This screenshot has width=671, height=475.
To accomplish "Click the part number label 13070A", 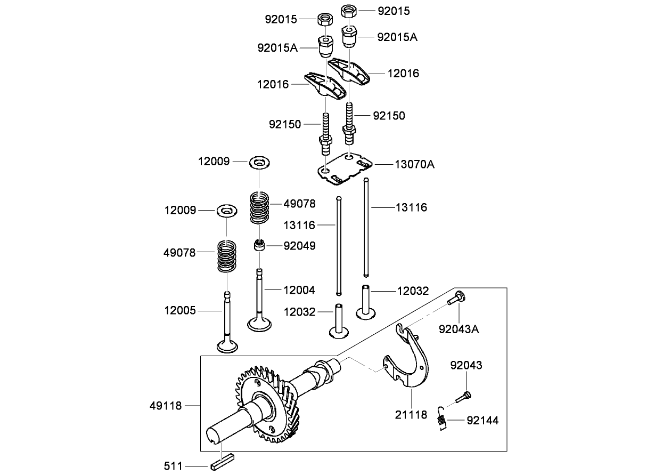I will point(414,164).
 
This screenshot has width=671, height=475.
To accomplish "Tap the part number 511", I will point(173,466).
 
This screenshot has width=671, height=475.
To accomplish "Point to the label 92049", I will point(299,246).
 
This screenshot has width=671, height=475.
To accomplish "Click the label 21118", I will point(412,414).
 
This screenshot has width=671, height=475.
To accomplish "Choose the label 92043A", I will point(459,329).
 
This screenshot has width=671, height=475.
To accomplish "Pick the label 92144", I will point(482,421).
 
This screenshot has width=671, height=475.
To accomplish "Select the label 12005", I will point(179,310).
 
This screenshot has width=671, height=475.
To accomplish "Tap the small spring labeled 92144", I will point(441,416).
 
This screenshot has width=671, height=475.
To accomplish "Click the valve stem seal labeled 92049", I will point(259,246).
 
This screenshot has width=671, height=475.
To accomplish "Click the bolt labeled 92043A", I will point(455,299).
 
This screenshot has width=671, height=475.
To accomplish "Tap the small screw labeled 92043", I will point(463,396).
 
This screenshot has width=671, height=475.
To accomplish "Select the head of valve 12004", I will point(259,323).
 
